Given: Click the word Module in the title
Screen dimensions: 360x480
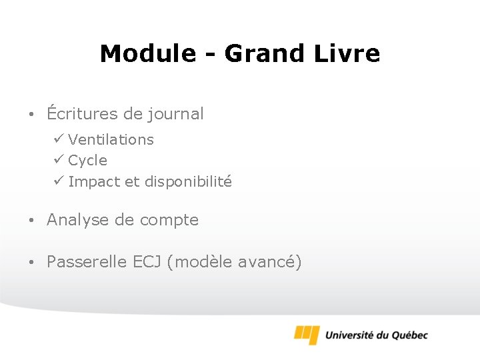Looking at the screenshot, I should click(148, 53).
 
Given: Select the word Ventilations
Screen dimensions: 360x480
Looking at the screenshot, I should click(111, 140).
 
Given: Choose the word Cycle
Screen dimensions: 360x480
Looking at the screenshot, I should click(87, 161).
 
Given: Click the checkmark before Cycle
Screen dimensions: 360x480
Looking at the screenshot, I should click(59, 160).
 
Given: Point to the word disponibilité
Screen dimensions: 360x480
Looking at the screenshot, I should click(188, 182).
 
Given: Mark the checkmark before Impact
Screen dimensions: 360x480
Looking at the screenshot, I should click(59, 181).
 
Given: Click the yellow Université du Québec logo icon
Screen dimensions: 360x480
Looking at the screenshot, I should click(307, 334).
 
